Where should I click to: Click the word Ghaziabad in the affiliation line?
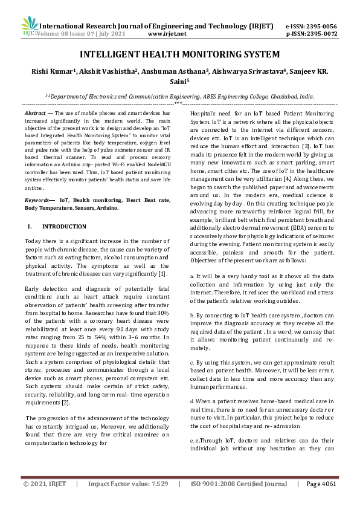click(x=281, y=96)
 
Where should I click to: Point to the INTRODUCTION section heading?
click(x=64, y=226)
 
